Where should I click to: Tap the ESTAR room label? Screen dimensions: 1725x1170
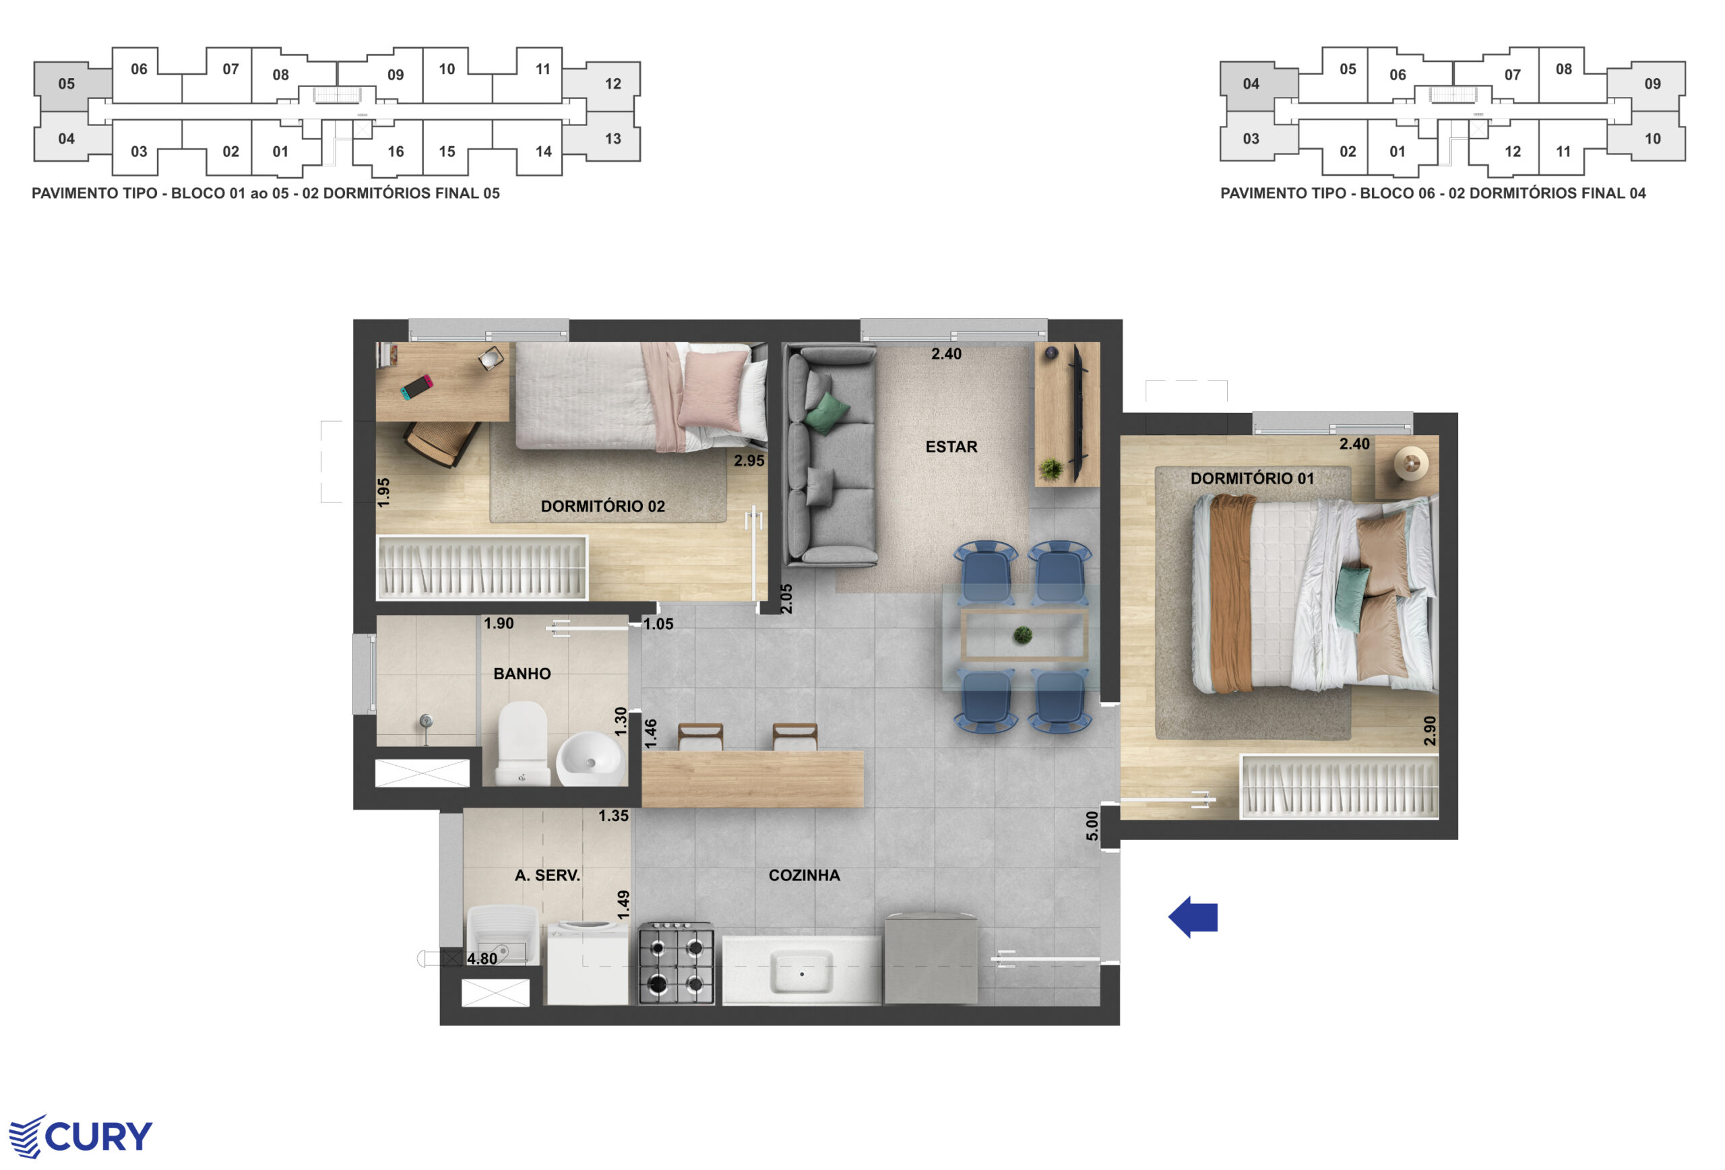tap(951, 447)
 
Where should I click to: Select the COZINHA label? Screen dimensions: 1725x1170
tap(804, 876)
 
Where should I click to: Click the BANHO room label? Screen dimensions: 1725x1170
tap(522, 674)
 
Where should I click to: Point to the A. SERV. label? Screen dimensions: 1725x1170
tap(547, 876)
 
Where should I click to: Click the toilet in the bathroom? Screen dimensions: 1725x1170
tap(524, 744)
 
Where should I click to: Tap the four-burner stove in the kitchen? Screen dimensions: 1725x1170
tap(675, 963)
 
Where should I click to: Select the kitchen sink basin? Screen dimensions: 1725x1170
tap(801, 973)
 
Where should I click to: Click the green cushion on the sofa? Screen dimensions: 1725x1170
tap(827, 412)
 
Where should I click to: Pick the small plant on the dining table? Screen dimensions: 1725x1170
tap(1023, 635)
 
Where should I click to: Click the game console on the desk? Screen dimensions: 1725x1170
tap(416, 387)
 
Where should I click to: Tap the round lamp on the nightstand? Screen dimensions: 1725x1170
tap(1410, 465)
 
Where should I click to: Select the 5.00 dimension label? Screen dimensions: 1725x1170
tap(1091, 826)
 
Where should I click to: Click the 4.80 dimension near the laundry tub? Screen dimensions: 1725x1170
tap(482, 958)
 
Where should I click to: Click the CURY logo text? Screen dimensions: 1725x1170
tap(99, 1136)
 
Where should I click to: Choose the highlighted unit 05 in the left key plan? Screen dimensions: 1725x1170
tap(67, 84)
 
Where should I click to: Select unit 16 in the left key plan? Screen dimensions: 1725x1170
tap(396, 152)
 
